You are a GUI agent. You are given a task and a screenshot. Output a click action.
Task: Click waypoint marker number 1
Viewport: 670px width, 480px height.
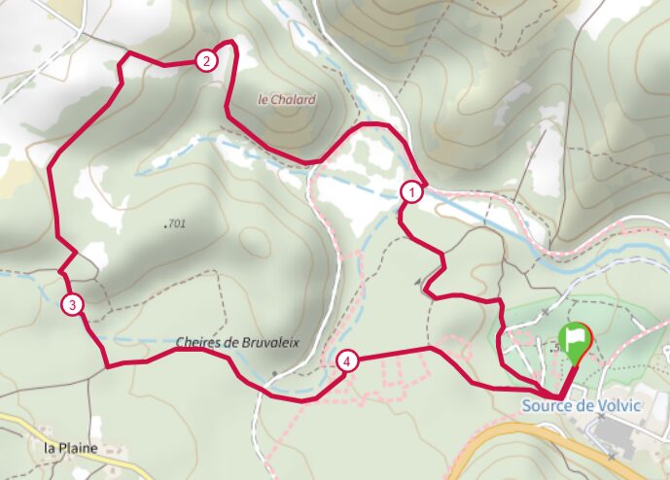coord(412,192)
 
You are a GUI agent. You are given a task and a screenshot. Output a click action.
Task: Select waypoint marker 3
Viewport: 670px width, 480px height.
coord(72,305)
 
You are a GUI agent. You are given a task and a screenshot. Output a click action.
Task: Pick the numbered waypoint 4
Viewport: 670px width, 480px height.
coord(347,361)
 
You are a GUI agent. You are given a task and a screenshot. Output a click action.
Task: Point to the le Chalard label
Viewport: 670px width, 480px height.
coord(287,99)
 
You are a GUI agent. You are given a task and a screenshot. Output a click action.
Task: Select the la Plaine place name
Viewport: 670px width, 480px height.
coord(72,448)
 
